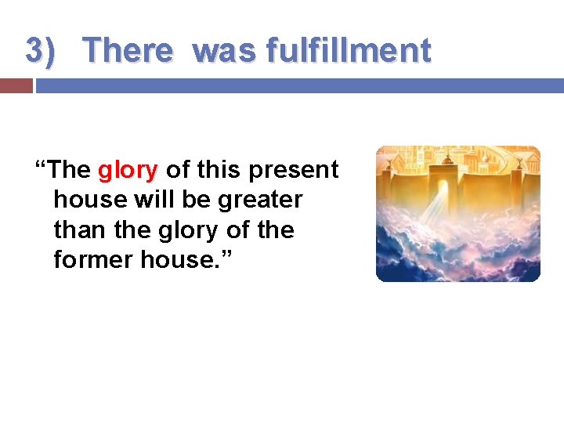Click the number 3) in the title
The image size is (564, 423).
point(41,51)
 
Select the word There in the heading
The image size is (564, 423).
point(127,51)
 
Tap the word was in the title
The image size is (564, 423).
point(225,51)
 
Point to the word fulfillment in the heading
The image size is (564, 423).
point(349,51)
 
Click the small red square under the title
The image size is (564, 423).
point(16,85)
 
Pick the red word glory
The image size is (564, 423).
point(128,170)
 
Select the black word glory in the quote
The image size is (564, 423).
point(208,230)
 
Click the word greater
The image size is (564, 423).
point(260,200)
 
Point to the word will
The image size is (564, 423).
point(154,200)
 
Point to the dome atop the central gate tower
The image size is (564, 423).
point(447,159)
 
